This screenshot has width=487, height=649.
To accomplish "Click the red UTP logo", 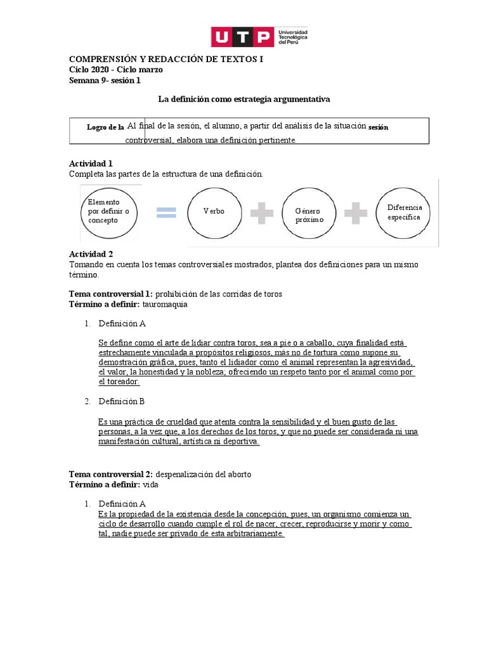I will point(242,37).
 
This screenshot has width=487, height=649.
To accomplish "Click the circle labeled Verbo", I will point(214,212).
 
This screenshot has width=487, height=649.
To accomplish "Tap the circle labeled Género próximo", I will point(309,214).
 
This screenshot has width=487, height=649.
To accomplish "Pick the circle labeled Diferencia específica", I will point(404,212).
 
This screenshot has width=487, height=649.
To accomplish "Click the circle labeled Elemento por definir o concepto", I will point(109,211).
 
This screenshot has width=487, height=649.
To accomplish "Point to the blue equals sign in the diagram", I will point(166,212).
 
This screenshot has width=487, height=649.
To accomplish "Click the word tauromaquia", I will point(165,304).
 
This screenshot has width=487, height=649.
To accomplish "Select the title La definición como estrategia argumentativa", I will point(243,100).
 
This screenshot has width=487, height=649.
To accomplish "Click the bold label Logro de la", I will point(105,127).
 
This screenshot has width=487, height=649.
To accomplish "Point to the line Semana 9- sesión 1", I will point(105,80).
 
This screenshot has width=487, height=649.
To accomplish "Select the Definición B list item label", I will point(122,402).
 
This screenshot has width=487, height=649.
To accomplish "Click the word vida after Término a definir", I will point(150,485).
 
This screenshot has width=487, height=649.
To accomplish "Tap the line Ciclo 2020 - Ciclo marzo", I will point(115,70).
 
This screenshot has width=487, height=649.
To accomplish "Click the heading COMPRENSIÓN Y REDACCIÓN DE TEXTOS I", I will point(165,59).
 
